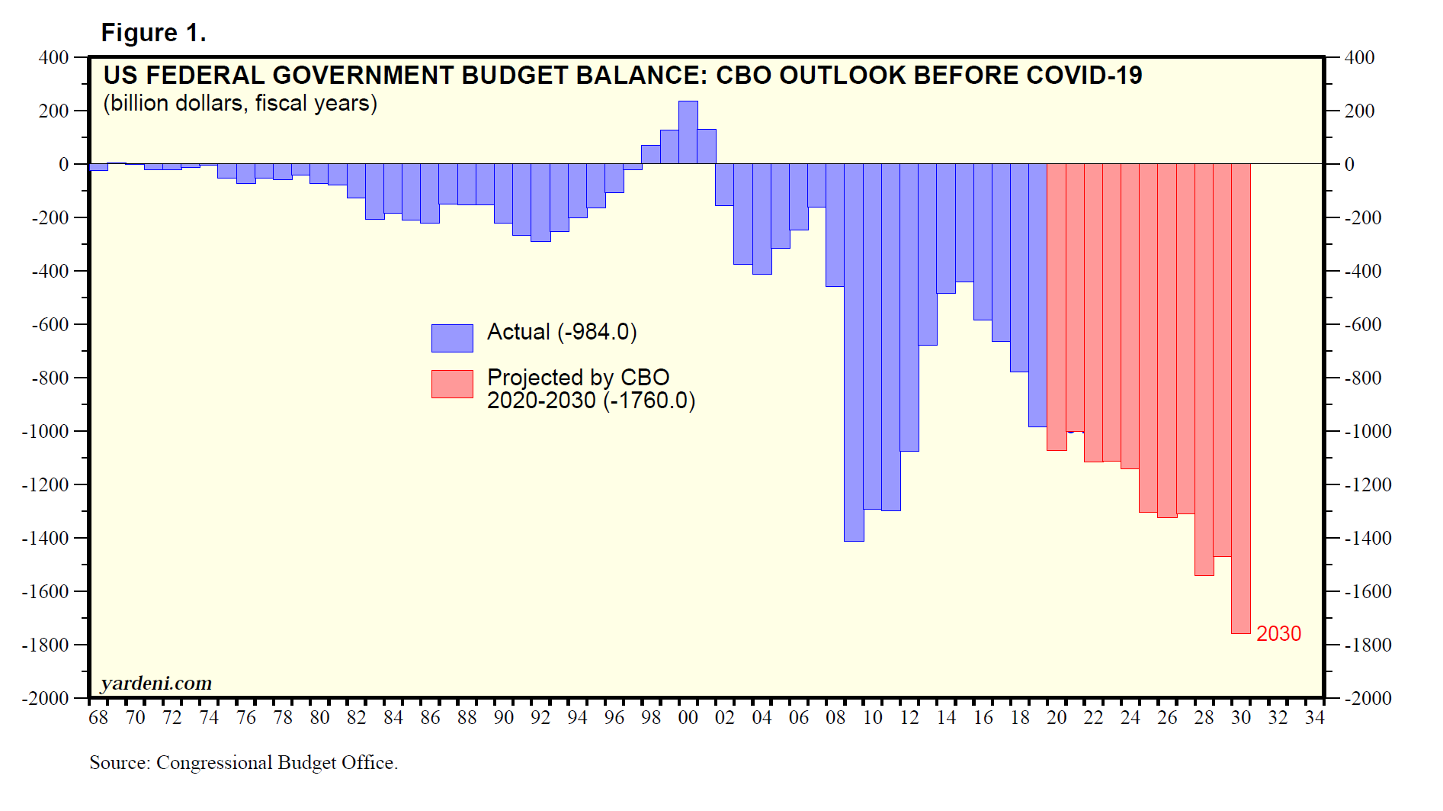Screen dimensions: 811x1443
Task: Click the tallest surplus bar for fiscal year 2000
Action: tap(688, 133)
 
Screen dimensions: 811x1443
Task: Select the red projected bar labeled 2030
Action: tap(1240, 397)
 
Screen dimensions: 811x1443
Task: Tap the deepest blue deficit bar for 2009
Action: tap(854, 351)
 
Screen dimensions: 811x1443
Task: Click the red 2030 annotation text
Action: tap(1278, 634)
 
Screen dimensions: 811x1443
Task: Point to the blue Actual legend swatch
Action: tap(452, 338)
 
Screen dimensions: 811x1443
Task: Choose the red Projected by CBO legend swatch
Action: tap(452, 384)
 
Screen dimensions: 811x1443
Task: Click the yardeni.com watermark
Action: tap(156, 683)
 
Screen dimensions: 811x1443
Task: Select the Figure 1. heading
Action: tap(153, 33)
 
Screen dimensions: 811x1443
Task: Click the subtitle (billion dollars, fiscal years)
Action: tap(240, 103)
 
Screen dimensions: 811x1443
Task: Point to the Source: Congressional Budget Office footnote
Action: tap(243, 762)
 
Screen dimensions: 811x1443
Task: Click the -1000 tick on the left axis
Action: tap(45, 431)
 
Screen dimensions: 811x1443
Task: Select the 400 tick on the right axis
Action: tap(1359, 57)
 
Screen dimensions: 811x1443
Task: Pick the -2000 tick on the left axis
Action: tap(45, 698)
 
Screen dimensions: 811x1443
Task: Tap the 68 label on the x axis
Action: tap(98, 718)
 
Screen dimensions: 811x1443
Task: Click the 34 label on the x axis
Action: tap(1314, 718)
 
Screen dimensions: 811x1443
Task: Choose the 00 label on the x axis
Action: tap(688, 718)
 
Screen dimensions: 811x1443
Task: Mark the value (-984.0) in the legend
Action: tap(597, 332)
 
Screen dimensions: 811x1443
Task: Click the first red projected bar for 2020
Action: tap(1057, 305)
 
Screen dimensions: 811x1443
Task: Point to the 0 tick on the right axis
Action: tap(1349, 164)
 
